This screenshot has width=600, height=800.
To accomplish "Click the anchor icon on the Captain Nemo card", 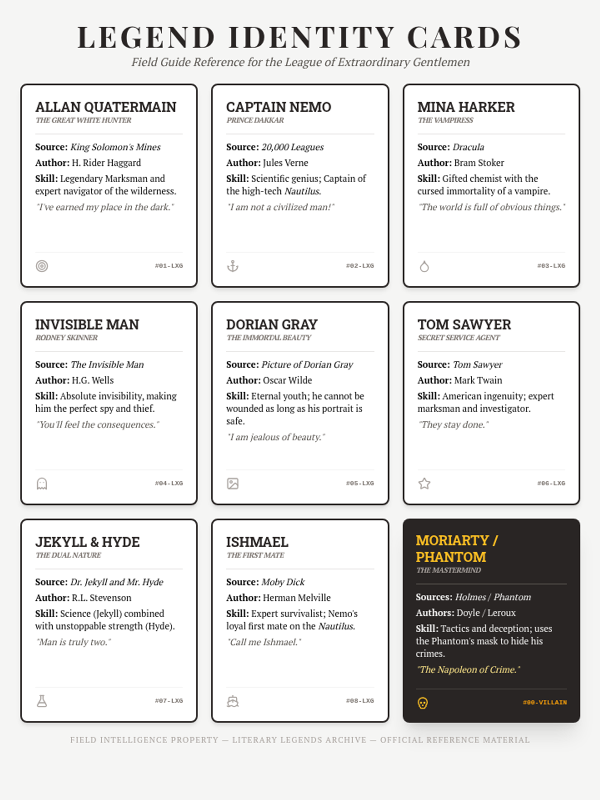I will pyautogui.click(x=232, y=266).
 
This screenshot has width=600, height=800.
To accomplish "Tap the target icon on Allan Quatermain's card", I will pyautogui.click(x=42, y=266).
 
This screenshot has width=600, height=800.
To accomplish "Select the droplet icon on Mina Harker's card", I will pyautogui.click(x=424, y=266).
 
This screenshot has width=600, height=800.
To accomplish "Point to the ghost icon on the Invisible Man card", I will pyautogui.click(x=42, y=483).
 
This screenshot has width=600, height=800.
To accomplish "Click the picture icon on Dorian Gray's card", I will pyautogui.click(x=232, y=483).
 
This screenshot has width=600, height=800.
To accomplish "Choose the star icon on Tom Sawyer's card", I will pyautogui.click(x=424, y=483).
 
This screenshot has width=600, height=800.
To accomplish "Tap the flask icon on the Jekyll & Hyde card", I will pyautogui.click(x=42, y=701).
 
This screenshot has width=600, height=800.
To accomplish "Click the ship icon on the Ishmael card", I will pyautogui.click(x=232, y=701).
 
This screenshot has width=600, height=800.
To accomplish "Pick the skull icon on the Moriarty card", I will pyautogui.click(x=422, y=703).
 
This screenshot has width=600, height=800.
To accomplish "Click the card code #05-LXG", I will pyautogui.click(x=359, y=483).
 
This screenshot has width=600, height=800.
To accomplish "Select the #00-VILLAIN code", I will pyautogui.click(x=544, y=702).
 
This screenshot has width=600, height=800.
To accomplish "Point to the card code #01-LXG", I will pyautogui.click(x=168, y=266).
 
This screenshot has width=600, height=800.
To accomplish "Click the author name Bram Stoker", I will pyautogui.click(x=479, y=163).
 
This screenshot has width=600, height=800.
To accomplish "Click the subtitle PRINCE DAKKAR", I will pyautogui.click(x=255, y=120).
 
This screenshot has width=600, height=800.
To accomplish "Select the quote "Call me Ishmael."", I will pyautogui.click(x=264, y=642).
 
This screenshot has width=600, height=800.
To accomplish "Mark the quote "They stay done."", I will pyautogui.click(x=453, y=425).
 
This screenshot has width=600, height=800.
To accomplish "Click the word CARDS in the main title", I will pyautogui.click(x=464, y=37).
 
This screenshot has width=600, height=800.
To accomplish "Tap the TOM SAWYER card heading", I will pyautogui.click(x=464, y=324).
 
